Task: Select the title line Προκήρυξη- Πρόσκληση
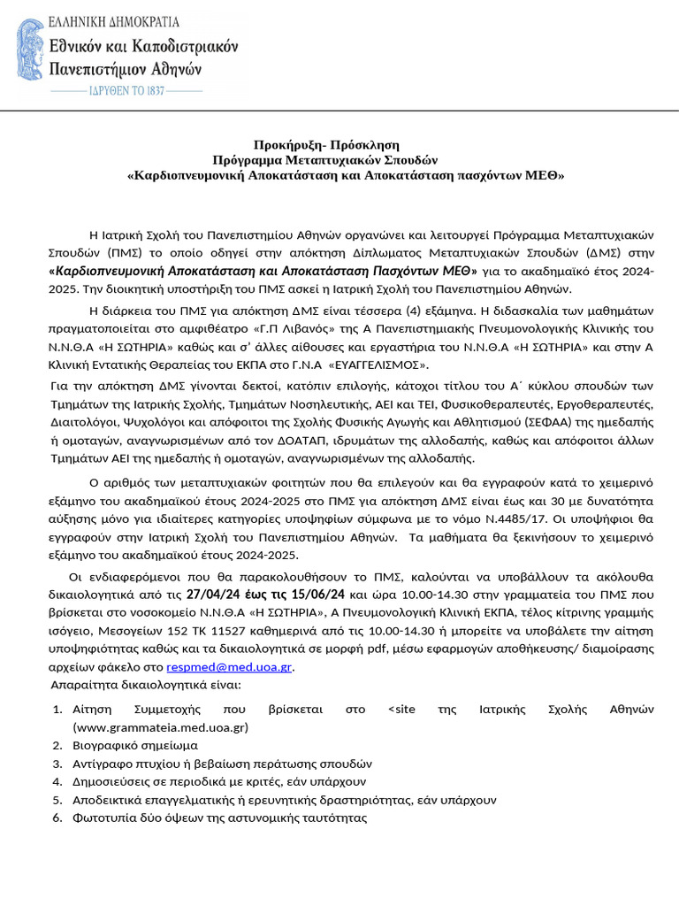coord(326,143)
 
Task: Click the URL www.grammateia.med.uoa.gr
coord(160,727)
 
